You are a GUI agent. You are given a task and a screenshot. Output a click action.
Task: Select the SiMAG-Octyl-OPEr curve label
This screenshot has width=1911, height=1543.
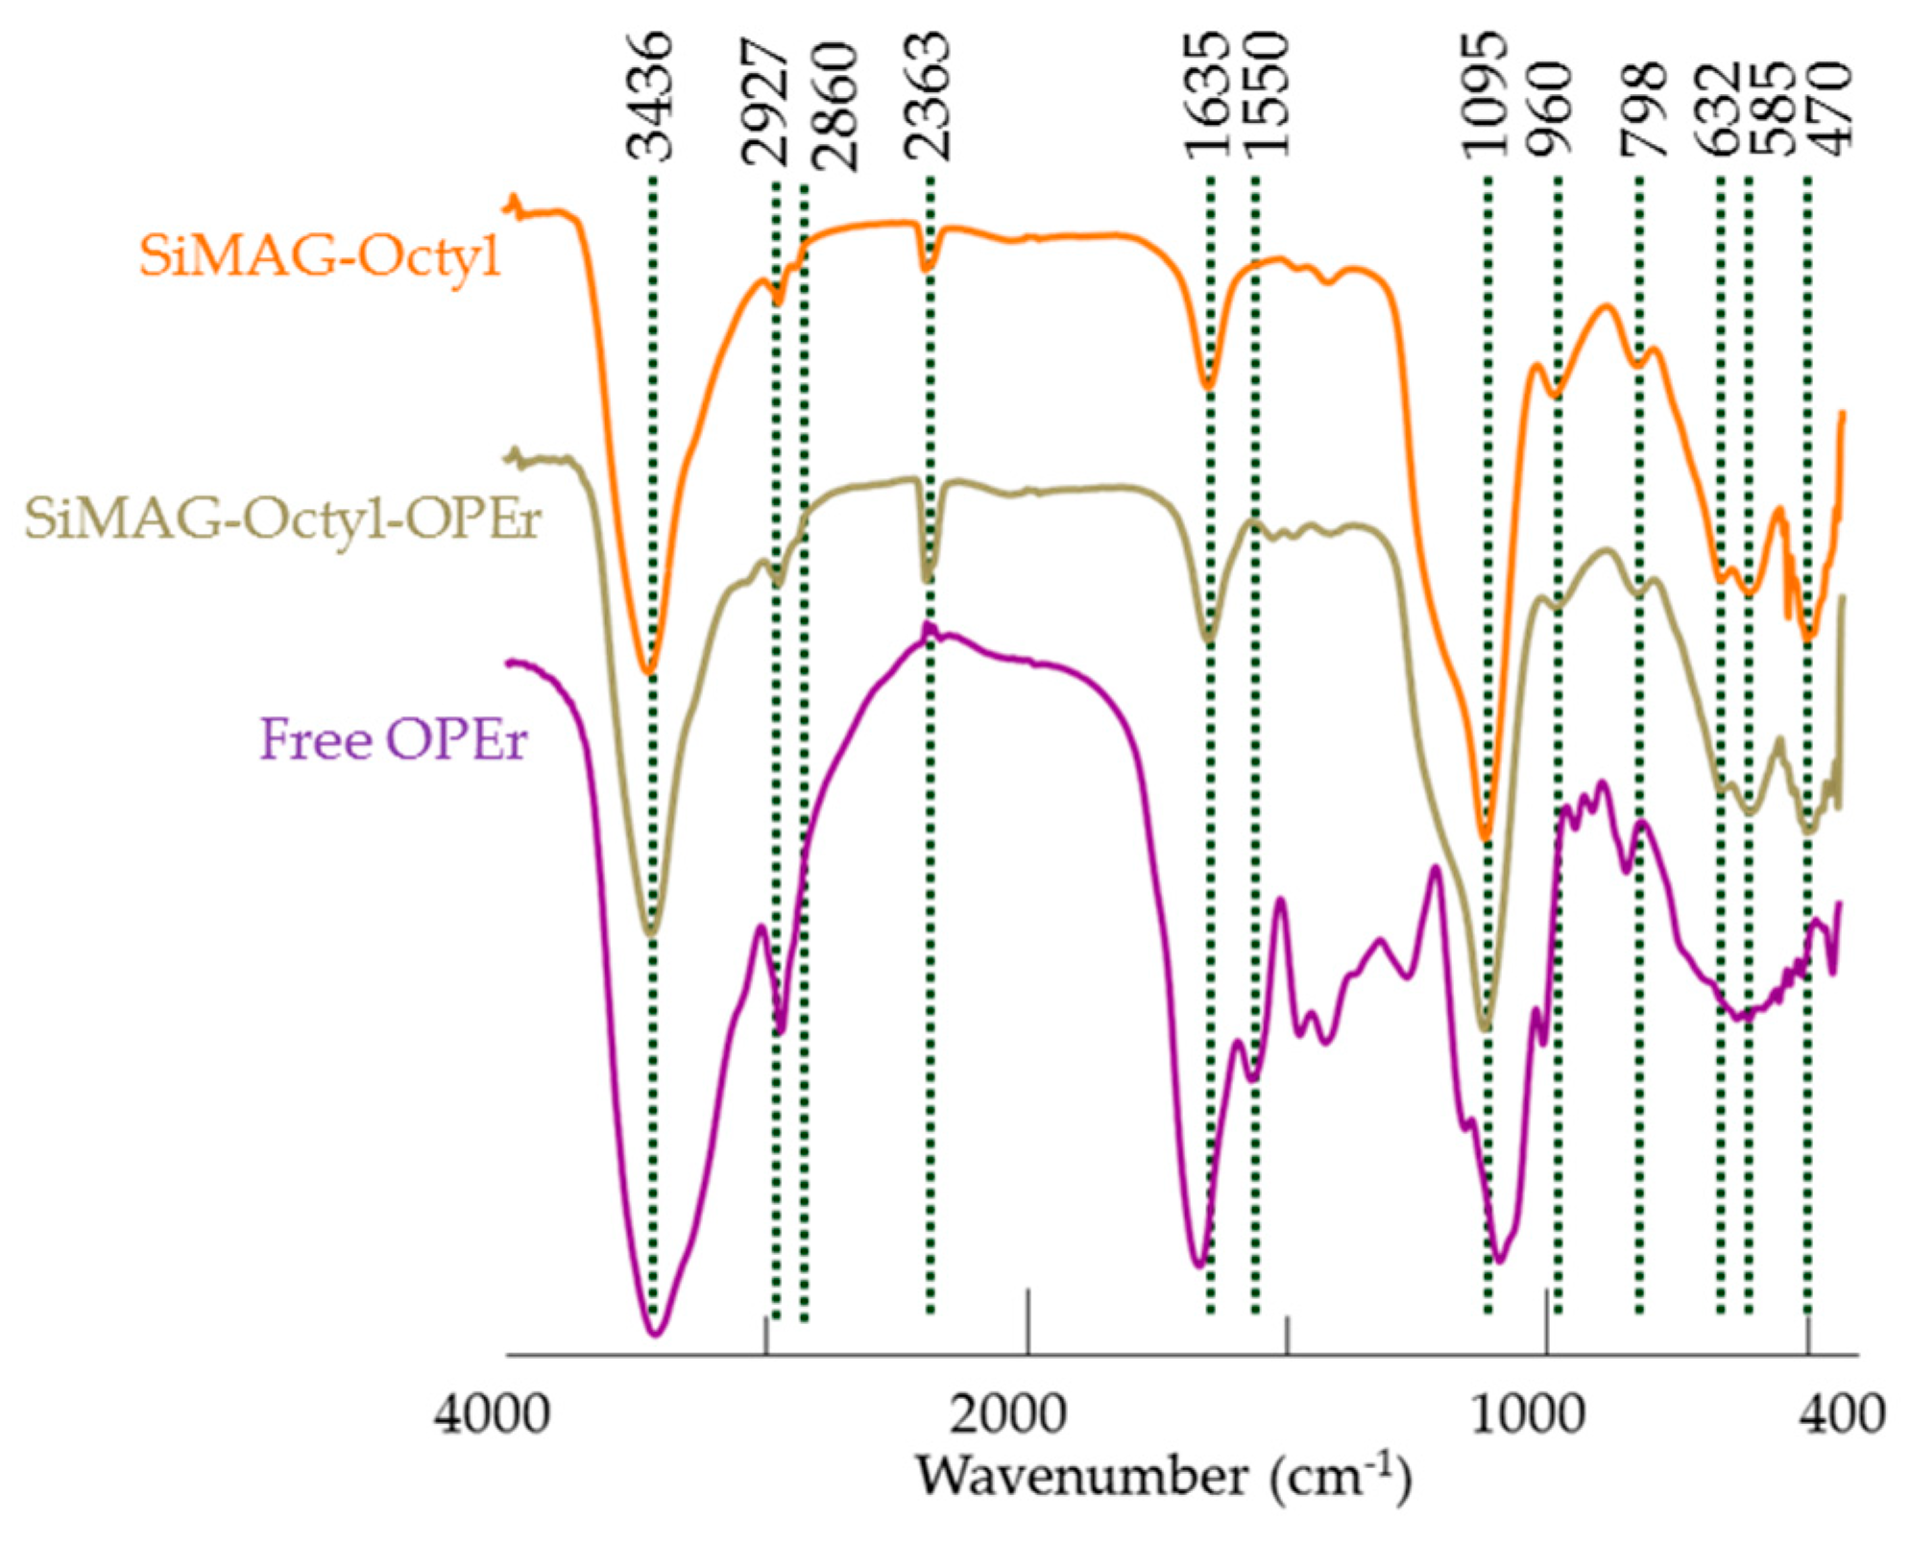pyautogui.click(x=282, y=519)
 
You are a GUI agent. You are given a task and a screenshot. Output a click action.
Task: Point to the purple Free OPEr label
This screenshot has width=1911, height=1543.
pyautogui.click(x=394, y=740)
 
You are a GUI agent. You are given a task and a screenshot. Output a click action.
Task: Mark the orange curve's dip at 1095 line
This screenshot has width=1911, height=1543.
pyautogui.click(x=1485, y=837)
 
